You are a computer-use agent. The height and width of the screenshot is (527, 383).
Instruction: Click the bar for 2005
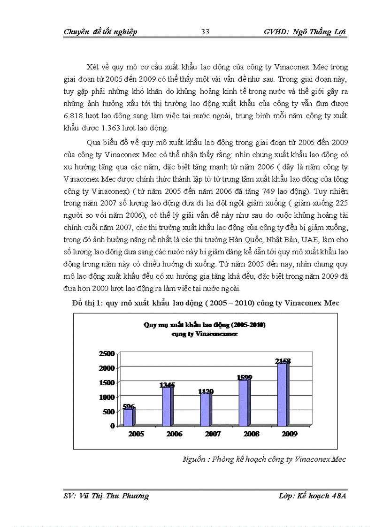[128, 417]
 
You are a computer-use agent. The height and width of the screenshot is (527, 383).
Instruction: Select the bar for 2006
[167, 406]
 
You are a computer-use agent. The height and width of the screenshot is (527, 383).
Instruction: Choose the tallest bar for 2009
[283, 394]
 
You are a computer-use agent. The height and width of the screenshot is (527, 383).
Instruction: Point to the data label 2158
[283, 361]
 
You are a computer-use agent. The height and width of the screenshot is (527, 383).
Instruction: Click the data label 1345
[167, 385]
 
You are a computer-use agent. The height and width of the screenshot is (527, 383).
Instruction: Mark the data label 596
[128, 407]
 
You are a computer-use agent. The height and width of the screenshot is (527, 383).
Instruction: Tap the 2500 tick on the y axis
[107, 353]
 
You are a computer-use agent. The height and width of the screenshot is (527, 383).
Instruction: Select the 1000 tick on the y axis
[107, 397]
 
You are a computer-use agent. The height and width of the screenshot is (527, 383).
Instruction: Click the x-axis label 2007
[212, 434]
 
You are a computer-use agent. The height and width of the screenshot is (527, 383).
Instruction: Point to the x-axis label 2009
[290, 434]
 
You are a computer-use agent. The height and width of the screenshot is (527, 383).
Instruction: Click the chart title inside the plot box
[204, 329]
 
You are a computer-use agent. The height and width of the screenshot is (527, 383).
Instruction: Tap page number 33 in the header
[205, 31]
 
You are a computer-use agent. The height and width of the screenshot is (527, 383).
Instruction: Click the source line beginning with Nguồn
[264, 459]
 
